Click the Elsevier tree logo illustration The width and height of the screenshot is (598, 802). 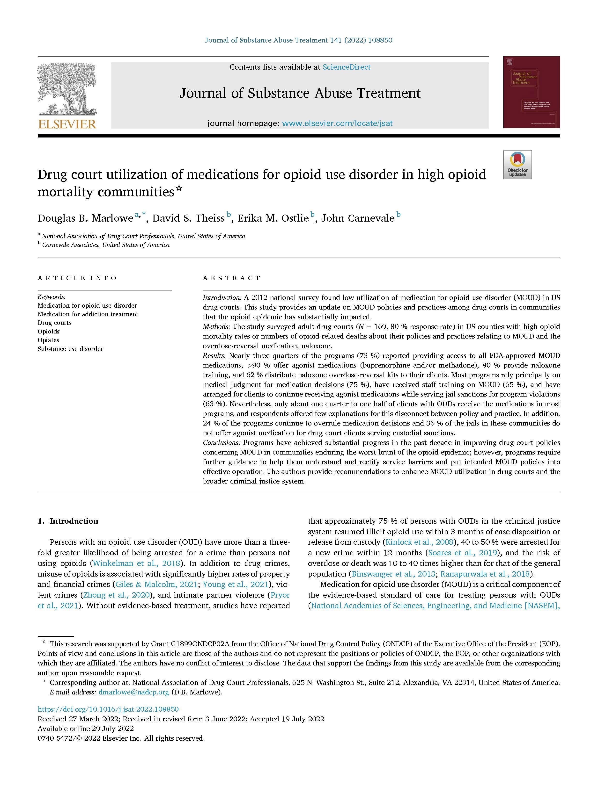tap(66, 89)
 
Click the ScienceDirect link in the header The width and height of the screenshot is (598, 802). tap(347, 67)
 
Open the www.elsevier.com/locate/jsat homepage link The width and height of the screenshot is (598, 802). tap(337, 123)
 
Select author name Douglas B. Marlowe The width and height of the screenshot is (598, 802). tap(85, 218)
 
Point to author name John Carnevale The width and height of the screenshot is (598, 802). tap(358, 218)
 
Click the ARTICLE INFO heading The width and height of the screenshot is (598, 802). tap(77, 278)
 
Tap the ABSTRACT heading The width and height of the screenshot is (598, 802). tap(231, 278)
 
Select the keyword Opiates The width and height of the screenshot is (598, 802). tap(48, 340)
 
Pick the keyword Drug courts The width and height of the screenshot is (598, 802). tap(54, 323)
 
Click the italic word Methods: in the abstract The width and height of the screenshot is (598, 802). tap(216, 326)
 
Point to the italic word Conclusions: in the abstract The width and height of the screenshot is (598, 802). tap(221, 442)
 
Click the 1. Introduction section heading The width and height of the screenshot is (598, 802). tap(68, 521)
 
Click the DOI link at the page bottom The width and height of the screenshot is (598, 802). tap(108, 709)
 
